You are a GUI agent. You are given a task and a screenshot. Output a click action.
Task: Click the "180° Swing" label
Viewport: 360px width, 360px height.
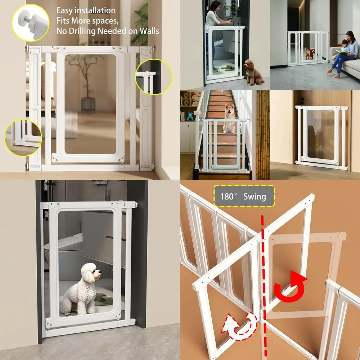coord(244,196)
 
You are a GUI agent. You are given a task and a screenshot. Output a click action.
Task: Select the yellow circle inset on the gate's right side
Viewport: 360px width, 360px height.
coord(154,77)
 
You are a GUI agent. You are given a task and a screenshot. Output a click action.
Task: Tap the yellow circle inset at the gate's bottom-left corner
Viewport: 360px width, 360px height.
coord(23,137)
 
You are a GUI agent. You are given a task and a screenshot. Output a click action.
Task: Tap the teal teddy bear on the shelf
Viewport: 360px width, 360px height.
coord(190,116)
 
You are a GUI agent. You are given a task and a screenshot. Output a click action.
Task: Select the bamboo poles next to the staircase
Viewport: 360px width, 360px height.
coord(263,133)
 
